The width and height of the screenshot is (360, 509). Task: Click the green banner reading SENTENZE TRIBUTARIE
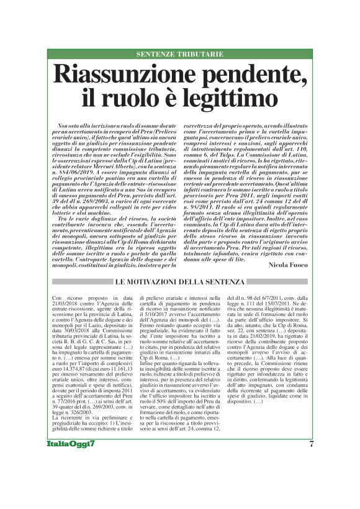click(x=179, y=54)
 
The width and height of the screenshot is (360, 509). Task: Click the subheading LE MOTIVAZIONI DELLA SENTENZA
click(x=179, y=282)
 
